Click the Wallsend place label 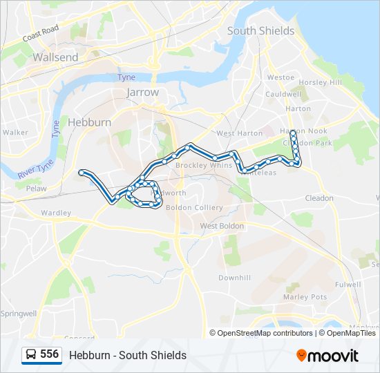(55, 58)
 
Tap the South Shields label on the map (260, 31)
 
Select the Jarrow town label (142, 93)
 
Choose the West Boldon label (221, 226)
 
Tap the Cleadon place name (319, 198)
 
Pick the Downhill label (234, 278)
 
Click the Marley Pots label (305, 297)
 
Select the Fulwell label (348, 284)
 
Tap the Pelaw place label (36, 188)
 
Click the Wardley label (56, 213)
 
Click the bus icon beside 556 (30, 355)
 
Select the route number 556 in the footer (49, 354)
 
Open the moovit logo (327, 356)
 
